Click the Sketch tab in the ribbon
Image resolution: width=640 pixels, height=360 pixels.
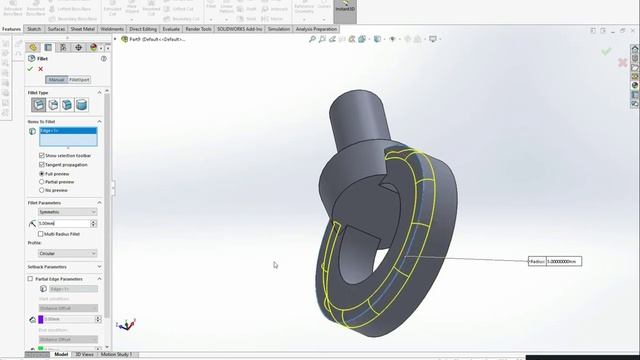[x=34, y=29]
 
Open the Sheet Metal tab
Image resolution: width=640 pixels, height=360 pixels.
[x=82, y=29]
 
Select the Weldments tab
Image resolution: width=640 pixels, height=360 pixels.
[x=113, y=29]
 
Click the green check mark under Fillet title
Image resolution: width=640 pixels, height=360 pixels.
[x=30, y=69]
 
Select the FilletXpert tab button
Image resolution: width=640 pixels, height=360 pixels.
[x=78, y=79]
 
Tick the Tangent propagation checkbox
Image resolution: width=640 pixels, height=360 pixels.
[x=41, y=164]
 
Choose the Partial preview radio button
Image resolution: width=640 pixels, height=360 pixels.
[x=41, y=181]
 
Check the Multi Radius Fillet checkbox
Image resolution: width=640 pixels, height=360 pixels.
[x=41, y=233]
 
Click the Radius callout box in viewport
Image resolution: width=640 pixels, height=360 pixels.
[x=554, y=261]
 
